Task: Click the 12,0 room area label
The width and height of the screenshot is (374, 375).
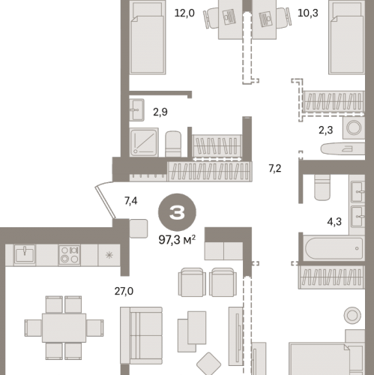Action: (x=184, y=13)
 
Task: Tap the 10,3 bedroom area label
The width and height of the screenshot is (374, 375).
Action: (x=308, y=13)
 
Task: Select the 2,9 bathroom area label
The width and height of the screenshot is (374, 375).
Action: (x=160, y=112)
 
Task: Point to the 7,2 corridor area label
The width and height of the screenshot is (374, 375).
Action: (x=275, y=169)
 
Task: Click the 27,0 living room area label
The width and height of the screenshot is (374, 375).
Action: (x=124, y=291)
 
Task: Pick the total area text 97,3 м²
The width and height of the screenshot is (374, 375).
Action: (x=177, y=240)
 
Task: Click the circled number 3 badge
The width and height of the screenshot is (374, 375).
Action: (x=177, y=212)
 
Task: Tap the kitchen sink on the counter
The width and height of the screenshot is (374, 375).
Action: (x=25, y=254)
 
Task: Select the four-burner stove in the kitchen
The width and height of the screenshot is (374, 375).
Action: (x=70, y=254)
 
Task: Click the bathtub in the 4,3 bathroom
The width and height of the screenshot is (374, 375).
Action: (x=334, y=248)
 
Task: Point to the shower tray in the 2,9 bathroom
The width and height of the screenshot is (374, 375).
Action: (x=144, y=142)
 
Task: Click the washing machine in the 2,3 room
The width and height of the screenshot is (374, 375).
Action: (x=354, y=127)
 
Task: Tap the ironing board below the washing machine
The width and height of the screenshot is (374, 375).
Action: (x=343, y=149)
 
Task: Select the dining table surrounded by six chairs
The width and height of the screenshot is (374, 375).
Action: (x=64, y=328)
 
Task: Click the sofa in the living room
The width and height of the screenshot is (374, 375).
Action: (x=141, y=335)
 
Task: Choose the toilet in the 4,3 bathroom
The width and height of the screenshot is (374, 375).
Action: (x=322, y=187)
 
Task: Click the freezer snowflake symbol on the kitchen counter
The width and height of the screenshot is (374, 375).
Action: (x=109, y=255)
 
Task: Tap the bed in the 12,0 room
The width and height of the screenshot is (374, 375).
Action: (x=148, y=37)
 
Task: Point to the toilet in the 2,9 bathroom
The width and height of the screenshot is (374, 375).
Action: (x=173, y=144)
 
